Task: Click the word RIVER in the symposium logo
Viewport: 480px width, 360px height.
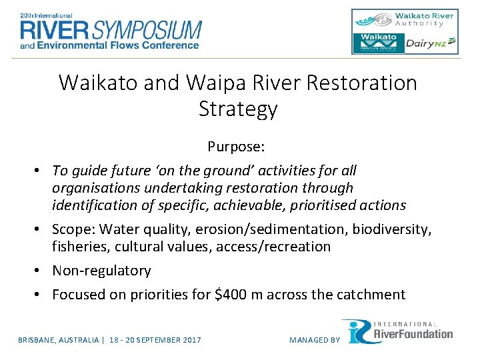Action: click(x=55, y=29)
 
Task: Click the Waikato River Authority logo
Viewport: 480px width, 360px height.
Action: click(x=404, y=19)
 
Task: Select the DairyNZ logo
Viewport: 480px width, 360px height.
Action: click(x=432, y=43)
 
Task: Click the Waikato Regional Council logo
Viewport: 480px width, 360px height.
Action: click(x=379, y=43)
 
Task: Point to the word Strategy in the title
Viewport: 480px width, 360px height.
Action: click(x=238, y=109)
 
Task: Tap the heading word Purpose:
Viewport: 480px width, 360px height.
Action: click(x=237, y=145)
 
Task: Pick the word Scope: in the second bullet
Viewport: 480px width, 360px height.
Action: click(x=73, y=229)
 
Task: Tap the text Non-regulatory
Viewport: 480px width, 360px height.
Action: click(x=101, y=271)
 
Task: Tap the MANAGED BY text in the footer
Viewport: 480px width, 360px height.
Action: click(x=315, y=340)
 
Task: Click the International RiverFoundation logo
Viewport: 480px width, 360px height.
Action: click(x=398, y=331)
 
